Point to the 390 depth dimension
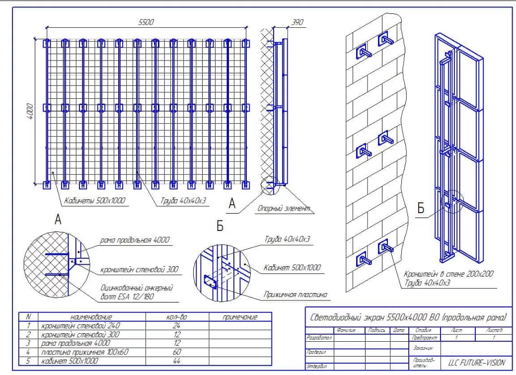297,22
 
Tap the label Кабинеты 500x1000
94,201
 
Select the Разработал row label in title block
317,337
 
